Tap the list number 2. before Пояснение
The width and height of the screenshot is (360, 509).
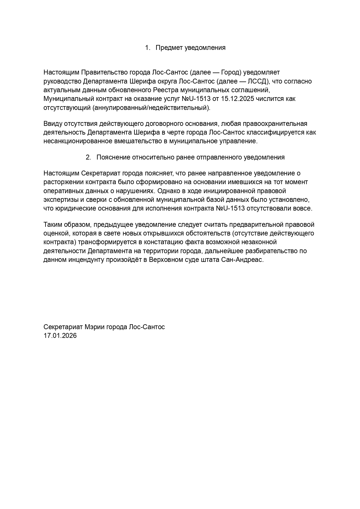(x=88, y=157)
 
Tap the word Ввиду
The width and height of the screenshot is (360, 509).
(x=52, y=124)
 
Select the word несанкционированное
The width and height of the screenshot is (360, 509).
(x=77, y=142)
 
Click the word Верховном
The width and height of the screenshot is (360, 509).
(x=164, y=260)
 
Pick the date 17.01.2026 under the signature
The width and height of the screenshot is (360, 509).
(x=60, y=336)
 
